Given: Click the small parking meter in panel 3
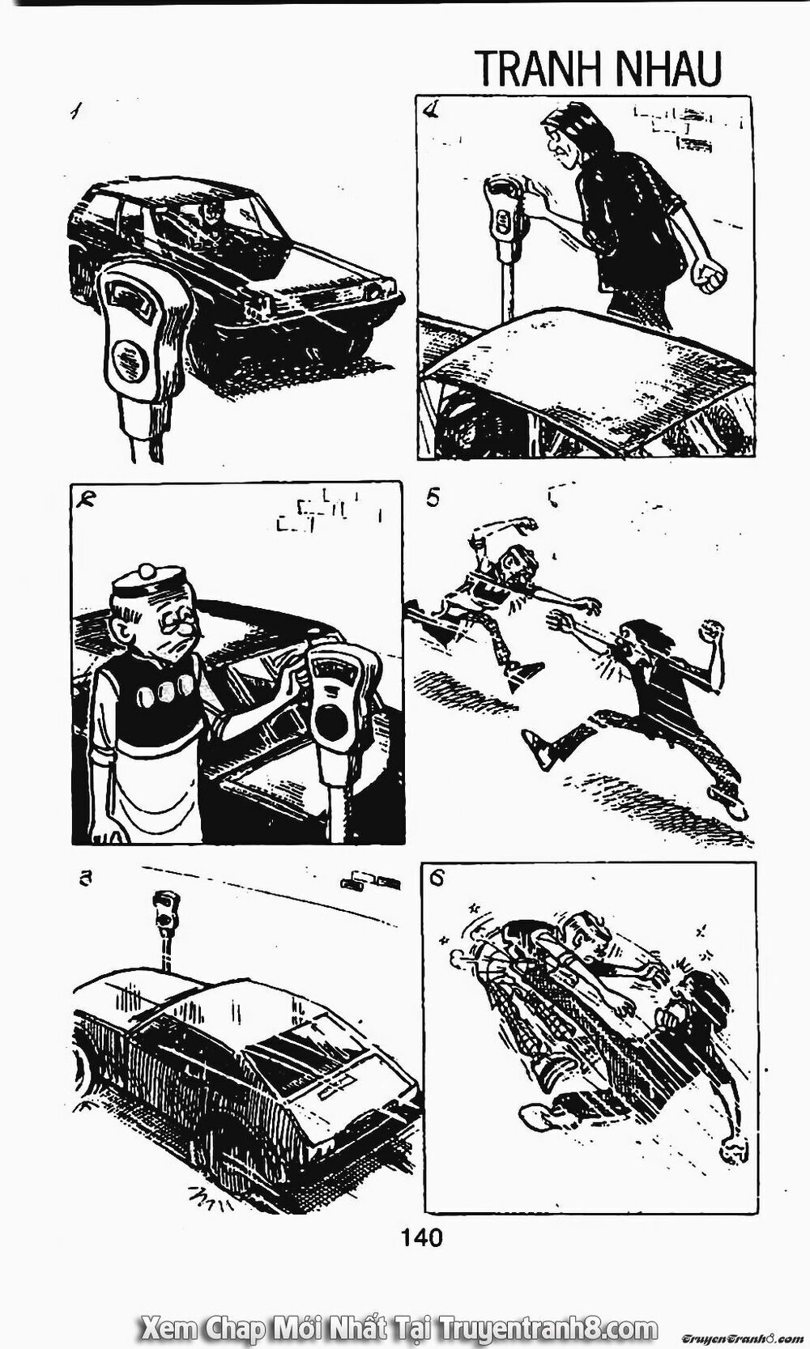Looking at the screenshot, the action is point(164,930).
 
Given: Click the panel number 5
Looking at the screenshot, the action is point(433,500).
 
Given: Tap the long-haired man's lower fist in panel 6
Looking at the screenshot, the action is point(734,1143).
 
